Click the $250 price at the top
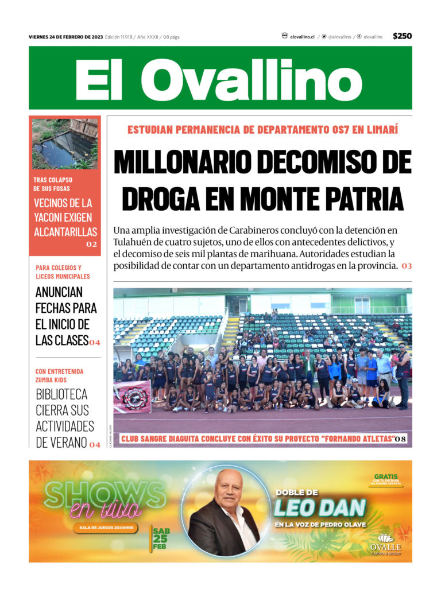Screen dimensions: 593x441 click(402, 36)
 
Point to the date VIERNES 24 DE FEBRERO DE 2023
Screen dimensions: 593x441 click(66, 37)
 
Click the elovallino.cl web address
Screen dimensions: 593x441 click(302, 37)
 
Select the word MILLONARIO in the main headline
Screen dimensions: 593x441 click(183, 162)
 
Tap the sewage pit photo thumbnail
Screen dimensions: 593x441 click(64, 144)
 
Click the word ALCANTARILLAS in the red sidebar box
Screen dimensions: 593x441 click(65, 232)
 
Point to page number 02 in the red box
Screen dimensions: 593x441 click(92, 245)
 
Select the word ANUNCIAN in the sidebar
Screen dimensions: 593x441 click(59, 292)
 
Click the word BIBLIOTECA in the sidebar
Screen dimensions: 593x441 click(61, 394)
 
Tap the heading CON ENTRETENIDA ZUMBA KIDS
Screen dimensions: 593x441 click(59, 375)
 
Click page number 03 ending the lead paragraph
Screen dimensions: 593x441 click(407, 266)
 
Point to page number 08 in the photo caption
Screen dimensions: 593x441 click(400, 439)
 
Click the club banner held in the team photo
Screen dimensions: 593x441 click(132, 396)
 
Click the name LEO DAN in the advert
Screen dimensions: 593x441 click(320, 507)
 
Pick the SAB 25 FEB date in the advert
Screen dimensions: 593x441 click(161, 538)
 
